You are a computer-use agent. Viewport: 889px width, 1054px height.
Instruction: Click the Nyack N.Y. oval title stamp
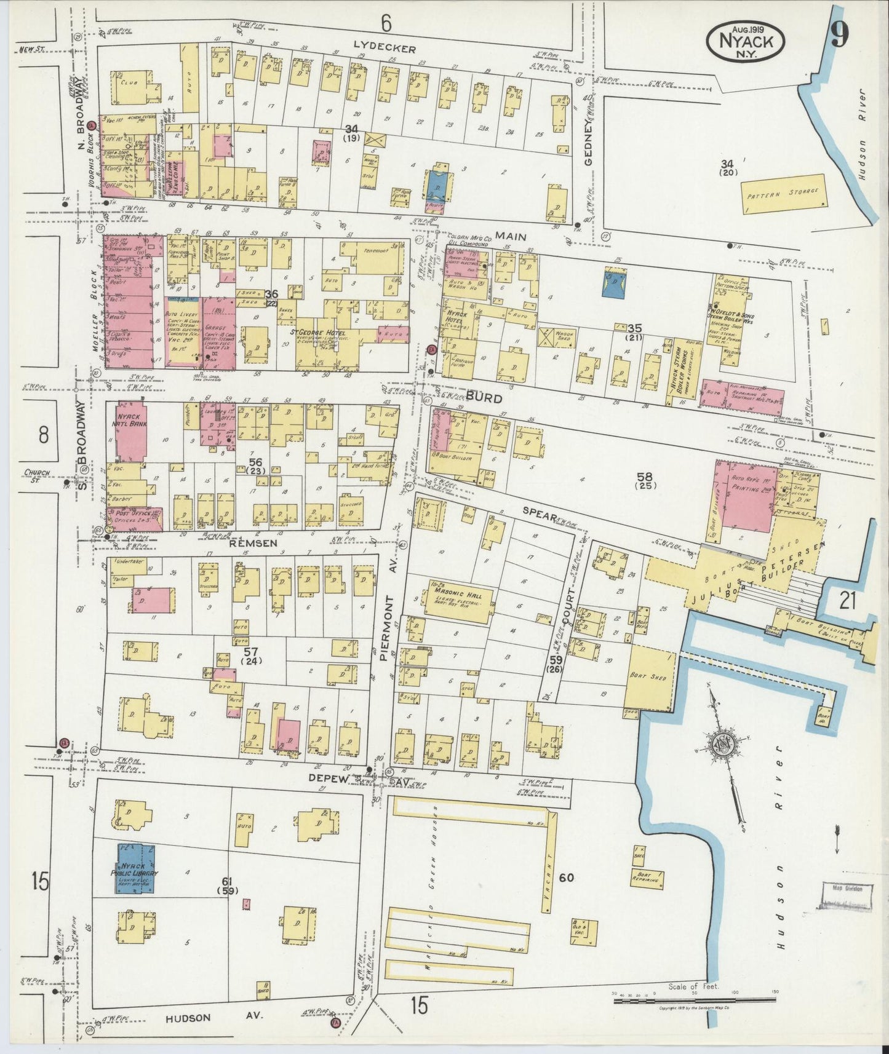point(745,41)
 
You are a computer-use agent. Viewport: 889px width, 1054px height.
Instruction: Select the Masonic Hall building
point(460,600)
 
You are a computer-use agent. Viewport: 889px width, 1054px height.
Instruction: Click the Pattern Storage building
point(783,193)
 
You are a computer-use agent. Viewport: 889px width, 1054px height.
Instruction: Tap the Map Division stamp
point(848,889)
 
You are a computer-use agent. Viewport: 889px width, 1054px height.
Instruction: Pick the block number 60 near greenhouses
point(565,877)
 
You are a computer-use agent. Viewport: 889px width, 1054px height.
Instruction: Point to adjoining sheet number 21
point(848,600)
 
